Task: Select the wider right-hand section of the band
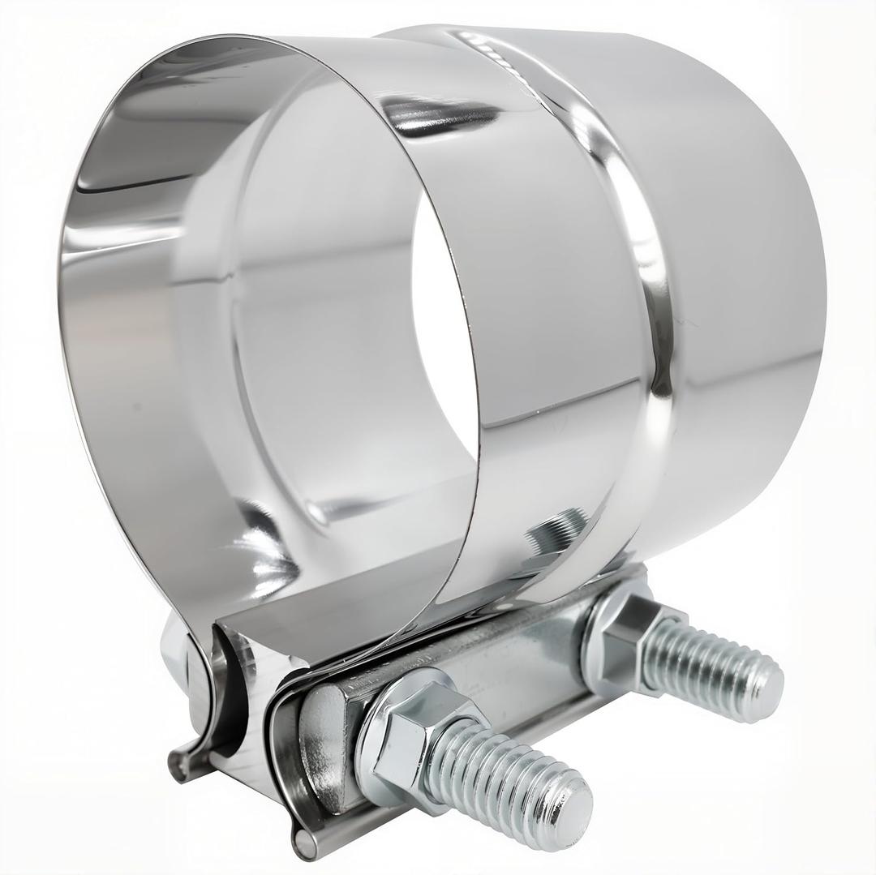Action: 746,284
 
